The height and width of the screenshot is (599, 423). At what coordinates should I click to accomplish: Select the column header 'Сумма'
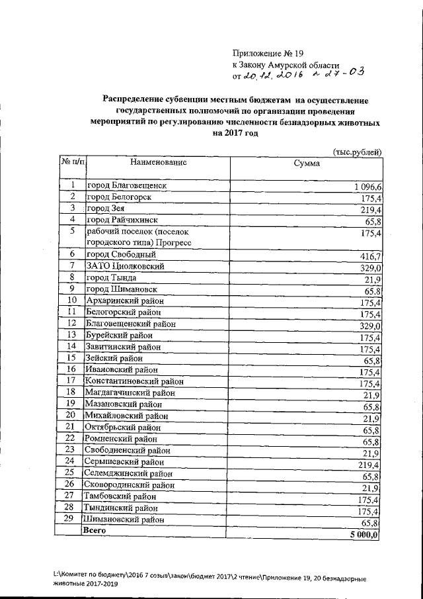[307, 165]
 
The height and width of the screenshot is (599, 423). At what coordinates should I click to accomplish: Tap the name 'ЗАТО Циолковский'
[124, 267]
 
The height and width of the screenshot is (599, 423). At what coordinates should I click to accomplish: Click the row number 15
[71, 357]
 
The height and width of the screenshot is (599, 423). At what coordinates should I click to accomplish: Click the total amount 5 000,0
[364, 535]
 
